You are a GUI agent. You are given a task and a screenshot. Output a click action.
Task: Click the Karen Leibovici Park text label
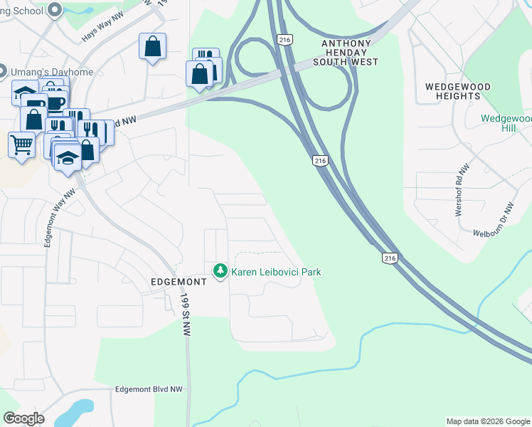pos(276,272)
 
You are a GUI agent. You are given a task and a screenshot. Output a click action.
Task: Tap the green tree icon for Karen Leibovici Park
pos(220,271)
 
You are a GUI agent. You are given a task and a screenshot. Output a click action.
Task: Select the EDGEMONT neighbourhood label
pos(179,282)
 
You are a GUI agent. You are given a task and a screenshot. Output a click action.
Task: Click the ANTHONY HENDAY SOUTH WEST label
pos(346,53)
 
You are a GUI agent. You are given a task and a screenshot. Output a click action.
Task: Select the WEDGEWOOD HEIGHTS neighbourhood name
pos(458,91)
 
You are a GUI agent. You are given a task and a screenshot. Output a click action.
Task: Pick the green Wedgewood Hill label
pos(507,123)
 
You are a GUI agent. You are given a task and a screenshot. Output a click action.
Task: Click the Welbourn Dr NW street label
pos(493,219)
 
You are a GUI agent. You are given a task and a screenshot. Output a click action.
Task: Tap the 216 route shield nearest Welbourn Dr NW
pos(388,258)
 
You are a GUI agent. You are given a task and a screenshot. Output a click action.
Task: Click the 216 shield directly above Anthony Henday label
pos(285,40)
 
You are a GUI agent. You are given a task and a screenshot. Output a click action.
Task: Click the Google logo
pos(23,418)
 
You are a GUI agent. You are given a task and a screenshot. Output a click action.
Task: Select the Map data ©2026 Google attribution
pos(488,421)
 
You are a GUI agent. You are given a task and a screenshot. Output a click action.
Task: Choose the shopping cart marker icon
pos(21,144)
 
